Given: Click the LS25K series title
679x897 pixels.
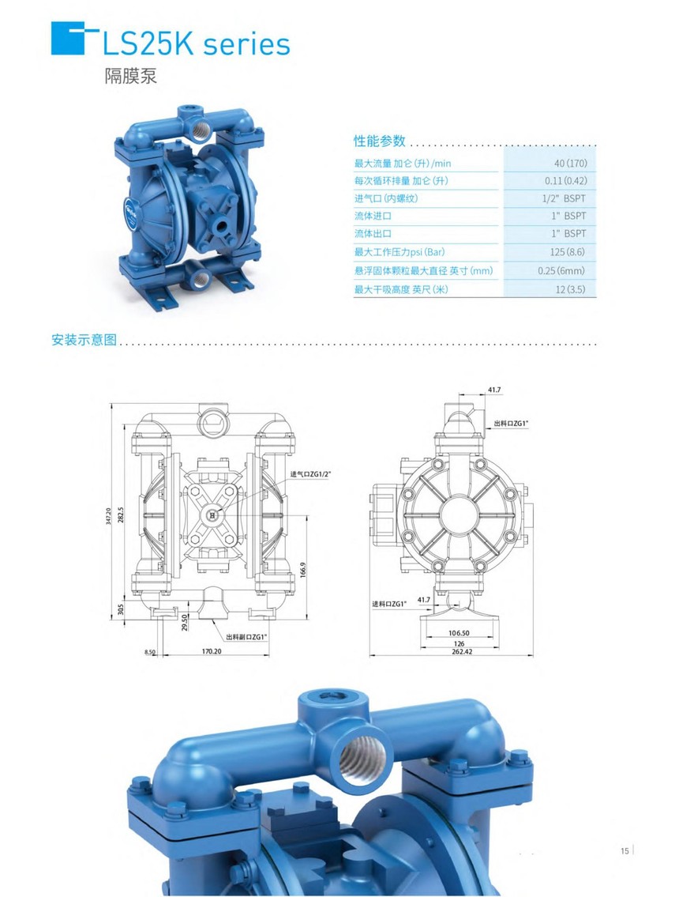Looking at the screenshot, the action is [196, 44].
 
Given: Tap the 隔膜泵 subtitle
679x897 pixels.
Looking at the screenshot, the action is [130, 76].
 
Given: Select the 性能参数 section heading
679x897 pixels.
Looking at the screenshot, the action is [379, 141].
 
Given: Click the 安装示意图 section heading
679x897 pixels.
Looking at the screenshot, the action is [84, 340].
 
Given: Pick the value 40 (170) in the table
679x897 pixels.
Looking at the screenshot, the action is [570, 164].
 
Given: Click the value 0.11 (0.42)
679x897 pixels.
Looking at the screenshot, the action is [566, 181].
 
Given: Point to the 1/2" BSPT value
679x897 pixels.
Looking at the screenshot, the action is [564, 198].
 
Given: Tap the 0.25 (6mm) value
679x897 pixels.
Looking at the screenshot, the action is [561, 270].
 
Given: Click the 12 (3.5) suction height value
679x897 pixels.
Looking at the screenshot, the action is [570, 289].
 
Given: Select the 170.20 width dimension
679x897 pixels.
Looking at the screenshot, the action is [212, 651].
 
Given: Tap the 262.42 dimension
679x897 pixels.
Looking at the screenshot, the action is [462, 651].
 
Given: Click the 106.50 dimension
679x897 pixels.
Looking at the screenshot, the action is [459, 633].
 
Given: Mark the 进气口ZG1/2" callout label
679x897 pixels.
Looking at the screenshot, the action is [310, 474].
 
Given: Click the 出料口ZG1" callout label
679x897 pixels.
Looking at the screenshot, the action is [511, 424].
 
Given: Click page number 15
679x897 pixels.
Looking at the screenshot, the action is [625, 850].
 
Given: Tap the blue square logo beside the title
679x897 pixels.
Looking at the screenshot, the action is [67, 38].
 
